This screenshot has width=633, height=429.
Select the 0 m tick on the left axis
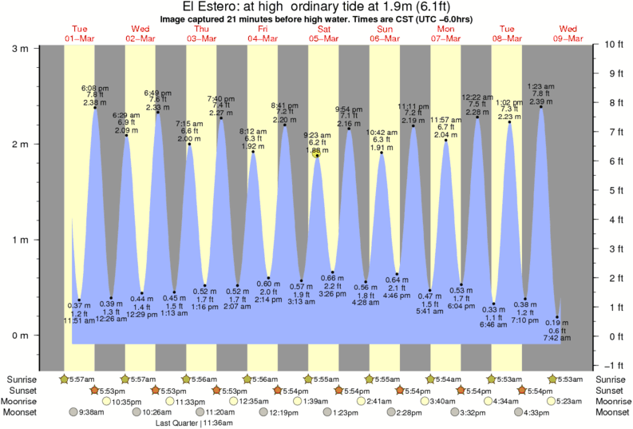(x=20, y=336)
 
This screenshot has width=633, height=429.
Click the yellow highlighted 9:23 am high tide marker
(x=317, y=155)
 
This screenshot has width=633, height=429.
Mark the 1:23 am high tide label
(x=541, y=86)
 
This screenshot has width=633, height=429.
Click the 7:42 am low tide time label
(x=557, y=338)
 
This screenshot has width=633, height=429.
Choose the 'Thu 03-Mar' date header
(x=200, y=32)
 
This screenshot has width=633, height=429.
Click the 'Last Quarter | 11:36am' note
(x=188, y=423)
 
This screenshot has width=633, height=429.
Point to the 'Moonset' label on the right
(x=612, y=412)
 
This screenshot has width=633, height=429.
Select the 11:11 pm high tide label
(x=413, y=106)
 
